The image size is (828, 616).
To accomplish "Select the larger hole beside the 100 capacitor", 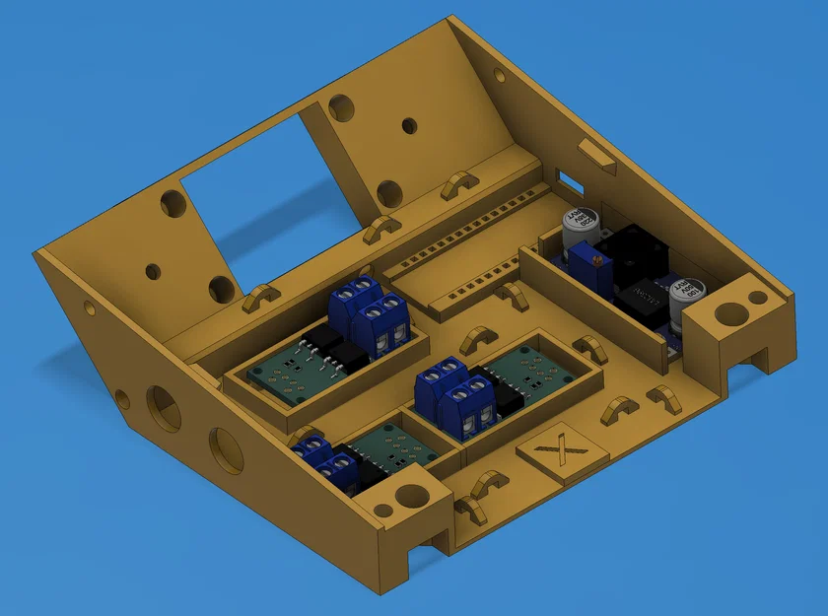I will coord(730,314).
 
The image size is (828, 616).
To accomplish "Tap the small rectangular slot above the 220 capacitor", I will coord(568,180).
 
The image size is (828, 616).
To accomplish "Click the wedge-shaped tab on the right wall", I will coord(597,156).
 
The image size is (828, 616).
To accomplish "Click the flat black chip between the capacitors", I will coord(648,296).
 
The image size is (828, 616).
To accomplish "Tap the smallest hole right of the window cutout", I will coord(408,125).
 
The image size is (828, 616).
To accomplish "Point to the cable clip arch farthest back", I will coord(457,183).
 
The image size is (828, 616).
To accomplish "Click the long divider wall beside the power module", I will coord(591,305).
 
